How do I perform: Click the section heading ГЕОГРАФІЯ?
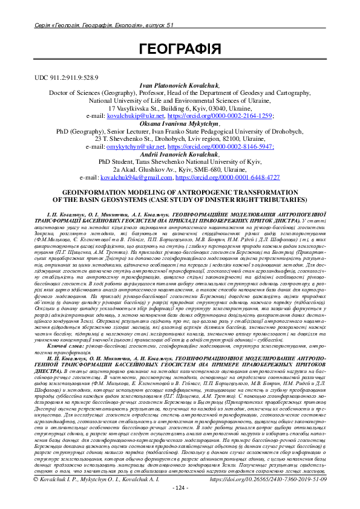click(180, 49)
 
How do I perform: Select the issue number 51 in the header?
click(170, 24)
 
